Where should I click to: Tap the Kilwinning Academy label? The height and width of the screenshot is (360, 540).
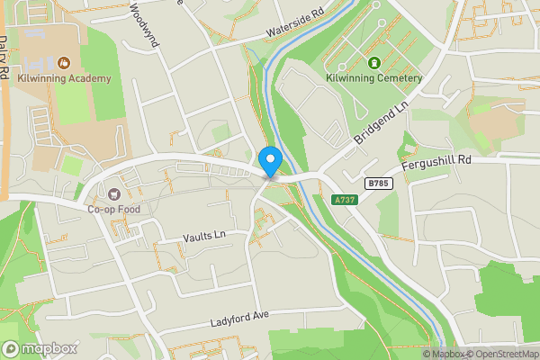(x=64, y=78)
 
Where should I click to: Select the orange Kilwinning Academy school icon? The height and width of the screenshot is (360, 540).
(x=64, y=63)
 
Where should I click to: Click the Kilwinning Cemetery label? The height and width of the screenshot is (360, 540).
(x=374, y=78)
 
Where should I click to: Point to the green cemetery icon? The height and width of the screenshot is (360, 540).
(x=374, y=63)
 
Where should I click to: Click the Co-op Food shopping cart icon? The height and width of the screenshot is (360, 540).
(x=113, y=193)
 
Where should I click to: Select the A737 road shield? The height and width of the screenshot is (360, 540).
(x=344, y=200)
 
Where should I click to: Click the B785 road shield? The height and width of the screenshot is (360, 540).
(x=378, y=183)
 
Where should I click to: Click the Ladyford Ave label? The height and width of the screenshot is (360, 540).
(x=241, y=317)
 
